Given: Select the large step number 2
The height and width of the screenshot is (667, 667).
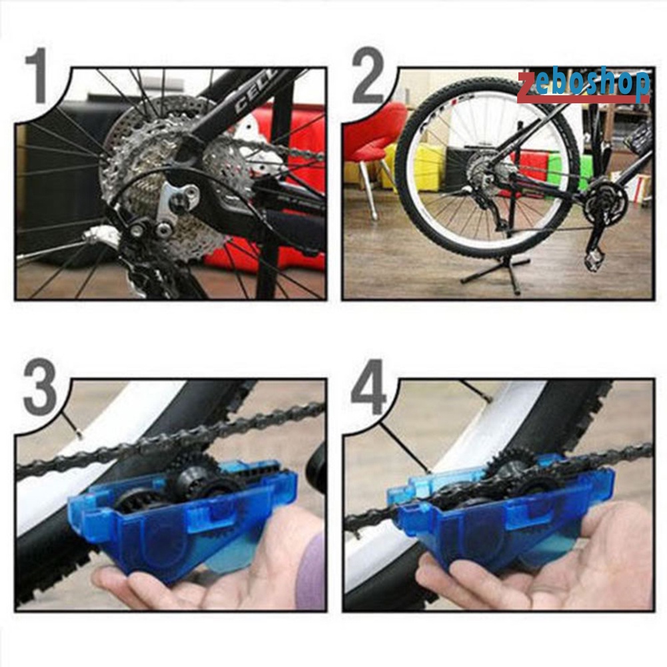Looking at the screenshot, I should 368,75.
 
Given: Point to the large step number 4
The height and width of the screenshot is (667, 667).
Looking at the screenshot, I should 368,388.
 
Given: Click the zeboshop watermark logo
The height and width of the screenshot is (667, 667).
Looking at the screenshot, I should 584,85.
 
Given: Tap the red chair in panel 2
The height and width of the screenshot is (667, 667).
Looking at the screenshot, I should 373,137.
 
